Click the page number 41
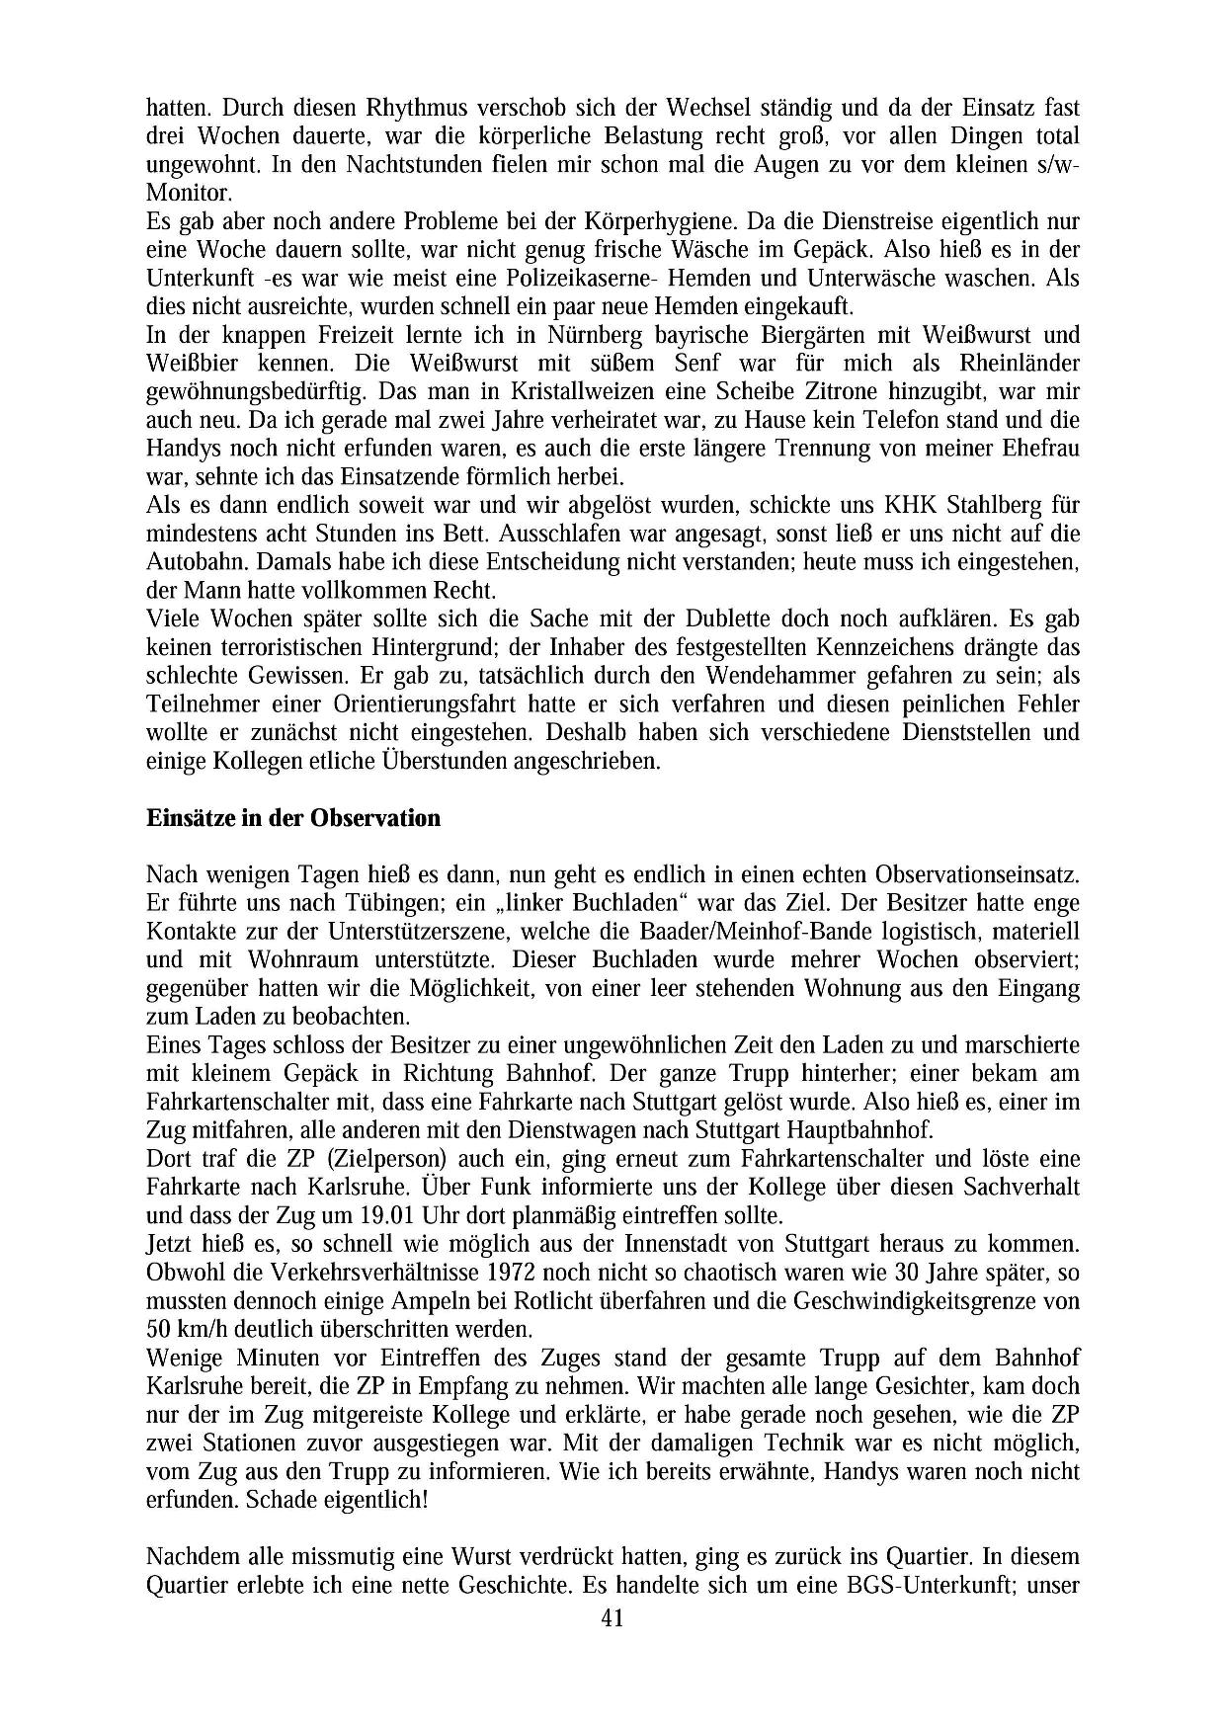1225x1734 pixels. tap(612, 1617)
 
